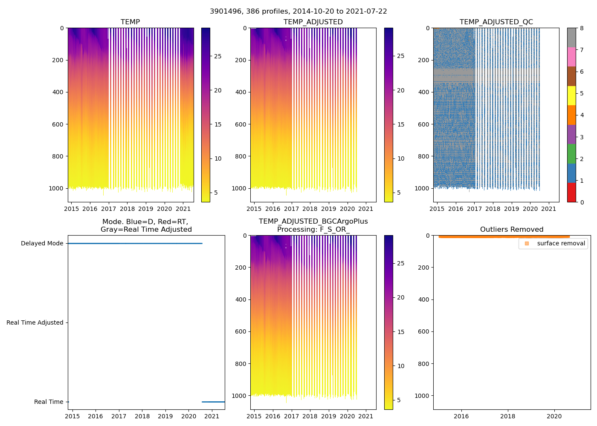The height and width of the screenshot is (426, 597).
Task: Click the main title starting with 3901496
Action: (x=298, y=12)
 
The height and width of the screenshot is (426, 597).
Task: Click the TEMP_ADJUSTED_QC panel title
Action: (x=496, y=22)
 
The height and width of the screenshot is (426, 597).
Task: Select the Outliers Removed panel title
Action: (x=511, y=229)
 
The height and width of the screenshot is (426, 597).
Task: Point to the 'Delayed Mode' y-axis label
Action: (x=42, y=243)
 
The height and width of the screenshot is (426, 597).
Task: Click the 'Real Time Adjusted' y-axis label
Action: (x=35, y=322)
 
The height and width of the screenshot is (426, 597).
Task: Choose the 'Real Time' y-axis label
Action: (x=49, y=402)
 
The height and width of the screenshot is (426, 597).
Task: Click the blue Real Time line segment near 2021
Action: (x=213, y=402)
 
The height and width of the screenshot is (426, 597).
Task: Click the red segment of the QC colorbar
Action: (x=571, y=192)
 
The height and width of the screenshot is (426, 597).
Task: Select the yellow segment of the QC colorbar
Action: (x=571, y=95)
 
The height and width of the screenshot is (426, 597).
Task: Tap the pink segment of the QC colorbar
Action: (x=571, y=57)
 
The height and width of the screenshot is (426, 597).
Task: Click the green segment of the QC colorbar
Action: (x=571, y=153)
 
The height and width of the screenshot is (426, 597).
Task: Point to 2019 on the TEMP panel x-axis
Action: (x=146, y=209)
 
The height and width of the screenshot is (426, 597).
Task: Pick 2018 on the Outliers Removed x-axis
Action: (x=507, y=416)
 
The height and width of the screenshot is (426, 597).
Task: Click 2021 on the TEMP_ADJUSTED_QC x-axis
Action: (x=549, y=209)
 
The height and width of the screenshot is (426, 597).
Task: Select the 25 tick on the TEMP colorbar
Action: (x=217, y=56)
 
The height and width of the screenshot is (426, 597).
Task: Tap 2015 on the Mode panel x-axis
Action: (x=72, y=416)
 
